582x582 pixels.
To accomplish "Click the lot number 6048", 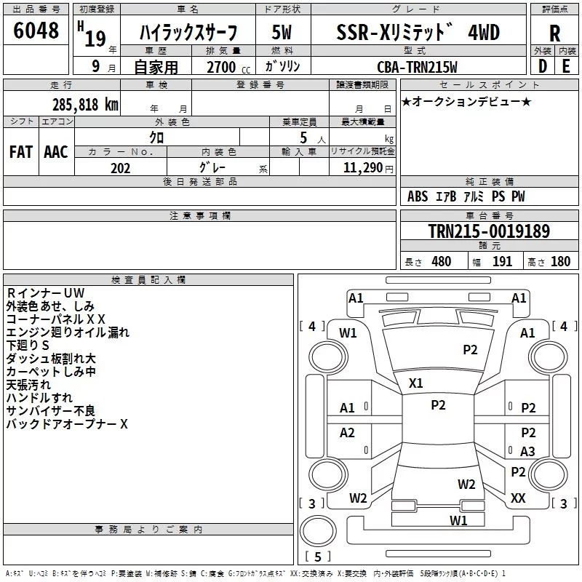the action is click(x=36, y=30).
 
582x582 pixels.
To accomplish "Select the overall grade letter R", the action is click(x=554, y=33).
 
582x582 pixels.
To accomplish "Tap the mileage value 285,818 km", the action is click(x=85, y=105).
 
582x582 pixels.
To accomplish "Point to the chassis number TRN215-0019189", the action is click(x=489, y=231).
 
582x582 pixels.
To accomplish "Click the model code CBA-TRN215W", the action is click(x=417, y=67).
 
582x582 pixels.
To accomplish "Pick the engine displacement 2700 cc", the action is click(x=228, y=67).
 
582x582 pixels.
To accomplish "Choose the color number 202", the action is click(x=120, y=168).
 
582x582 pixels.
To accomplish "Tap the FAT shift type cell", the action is click(x=21, y=152).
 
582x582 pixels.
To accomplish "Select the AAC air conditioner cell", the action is click(x=56, y=152).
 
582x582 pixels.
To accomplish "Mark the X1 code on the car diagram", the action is click(x=415, y=383).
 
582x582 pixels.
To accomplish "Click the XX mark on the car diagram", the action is click(x=518, y=498).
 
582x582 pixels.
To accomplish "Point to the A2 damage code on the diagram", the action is click(x=347, y=432).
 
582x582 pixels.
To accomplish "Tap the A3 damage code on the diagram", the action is click(x=527, y=451).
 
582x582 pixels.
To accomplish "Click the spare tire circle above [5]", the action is click(x=318, y=531).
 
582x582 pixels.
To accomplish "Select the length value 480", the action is click(x=442, y=261).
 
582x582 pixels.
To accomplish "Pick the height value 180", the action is click(x=560, y=261).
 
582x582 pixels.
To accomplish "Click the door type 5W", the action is click(x=282, y=32).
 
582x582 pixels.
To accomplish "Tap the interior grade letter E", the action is click(x=566, y=66).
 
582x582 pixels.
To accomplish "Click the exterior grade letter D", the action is click(x=543, y=66).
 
